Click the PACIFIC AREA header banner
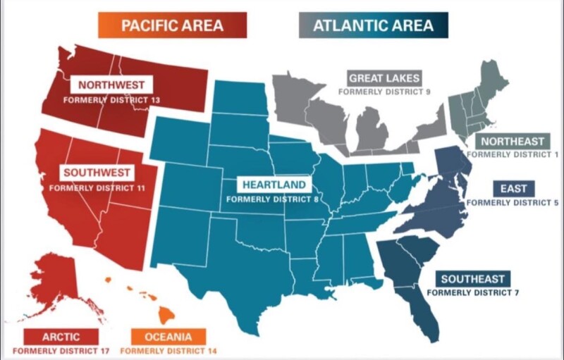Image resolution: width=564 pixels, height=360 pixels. [x=172, y=26]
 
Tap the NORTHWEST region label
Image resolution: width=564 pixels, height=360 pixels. [x=111, y=85]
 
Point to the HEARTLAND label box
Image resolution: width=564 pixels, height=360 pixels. [x=274, y=185]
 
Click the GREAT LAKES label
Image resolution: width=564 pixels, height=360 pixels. [x=384, y=78]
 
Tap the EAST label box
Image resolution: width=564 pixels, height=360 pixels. [x=513, y=189]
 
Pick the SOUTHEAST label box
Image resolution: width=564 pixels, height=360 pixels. [x=473, y=278]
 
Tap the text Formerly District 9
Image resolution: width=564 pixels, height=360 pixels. [x=384, y=91]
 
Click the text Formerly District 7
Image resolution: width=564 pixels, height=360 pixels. [x=473, y=292]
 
